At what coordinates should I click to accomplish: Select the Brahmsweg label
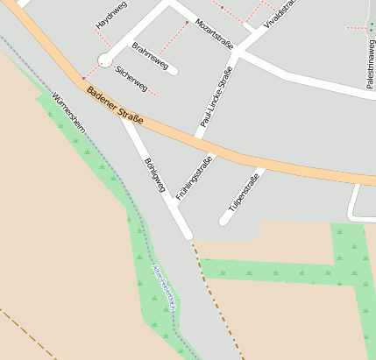150,54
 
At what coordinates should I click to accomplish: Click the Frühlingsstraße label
195,179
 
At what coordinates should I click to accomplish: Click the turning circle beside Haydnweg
105,60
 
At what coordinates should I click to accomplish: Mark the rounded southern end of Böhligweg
187,234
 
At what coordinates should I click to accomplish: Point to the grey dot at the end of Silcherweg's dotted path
83,78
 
